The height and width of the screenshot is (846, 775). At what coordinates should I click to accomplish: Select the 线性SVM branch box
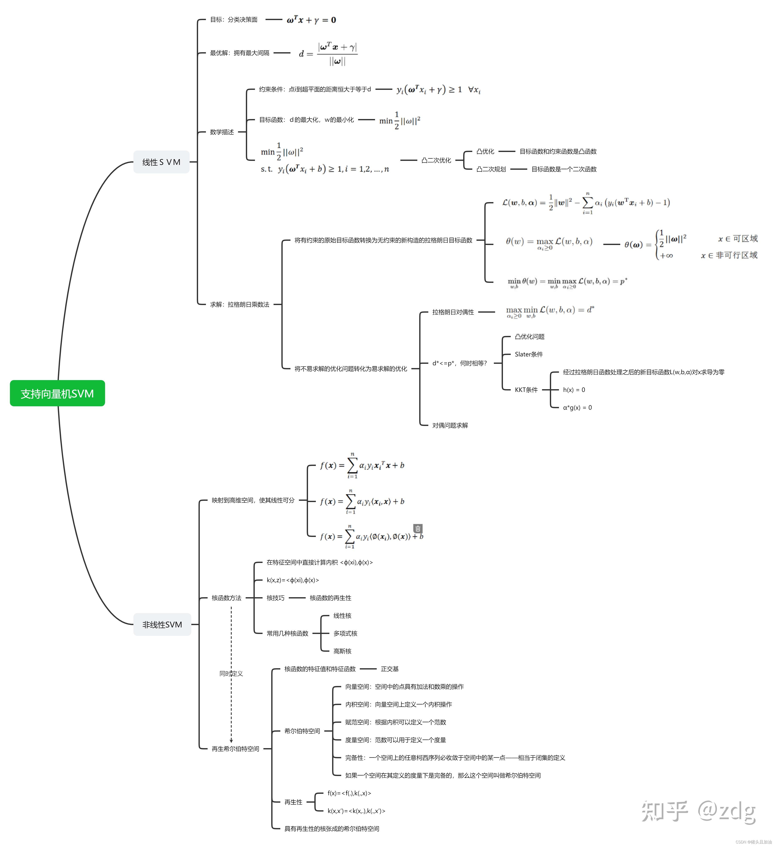162,162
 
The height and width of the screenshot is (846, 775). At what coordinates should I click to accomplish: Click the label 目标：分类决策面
234,20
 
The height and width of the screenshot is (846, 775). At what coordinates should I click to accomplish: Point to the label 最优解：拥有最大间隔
240,53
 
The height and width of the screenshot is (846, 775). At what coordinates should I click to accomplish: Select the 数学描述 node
222,132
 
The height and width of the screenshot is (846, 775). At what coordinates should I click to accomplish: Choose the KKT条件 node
526,390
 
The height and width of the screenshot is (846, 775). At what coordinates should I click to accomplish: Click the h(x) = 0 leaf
574,390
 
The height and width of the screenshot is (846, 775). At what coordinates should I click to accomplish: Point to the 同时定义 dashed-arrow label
231,674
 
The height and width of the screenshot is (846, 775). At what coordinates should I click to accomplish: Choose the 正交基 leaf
390,669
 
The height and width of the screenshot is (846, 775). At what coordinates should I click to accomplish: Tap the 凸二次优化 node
436,160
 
